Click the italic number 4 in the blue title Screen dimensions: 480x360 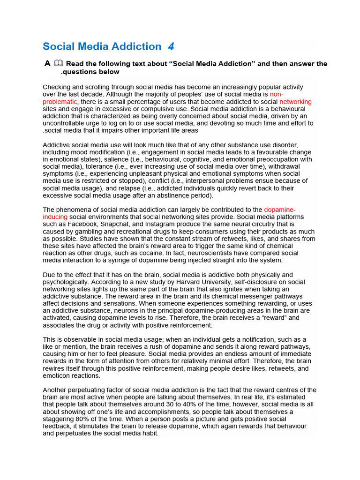pos(171,46)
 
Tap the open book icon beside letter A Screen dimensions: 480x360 pos(58,63)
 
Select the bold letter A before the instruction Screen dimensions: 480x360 pos(47,63)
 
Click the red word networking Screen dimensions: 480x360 pos(295,102)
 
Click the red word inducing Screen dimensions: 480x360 pos(55,217)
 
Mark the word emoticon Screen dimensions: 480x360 pos(59,376)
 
